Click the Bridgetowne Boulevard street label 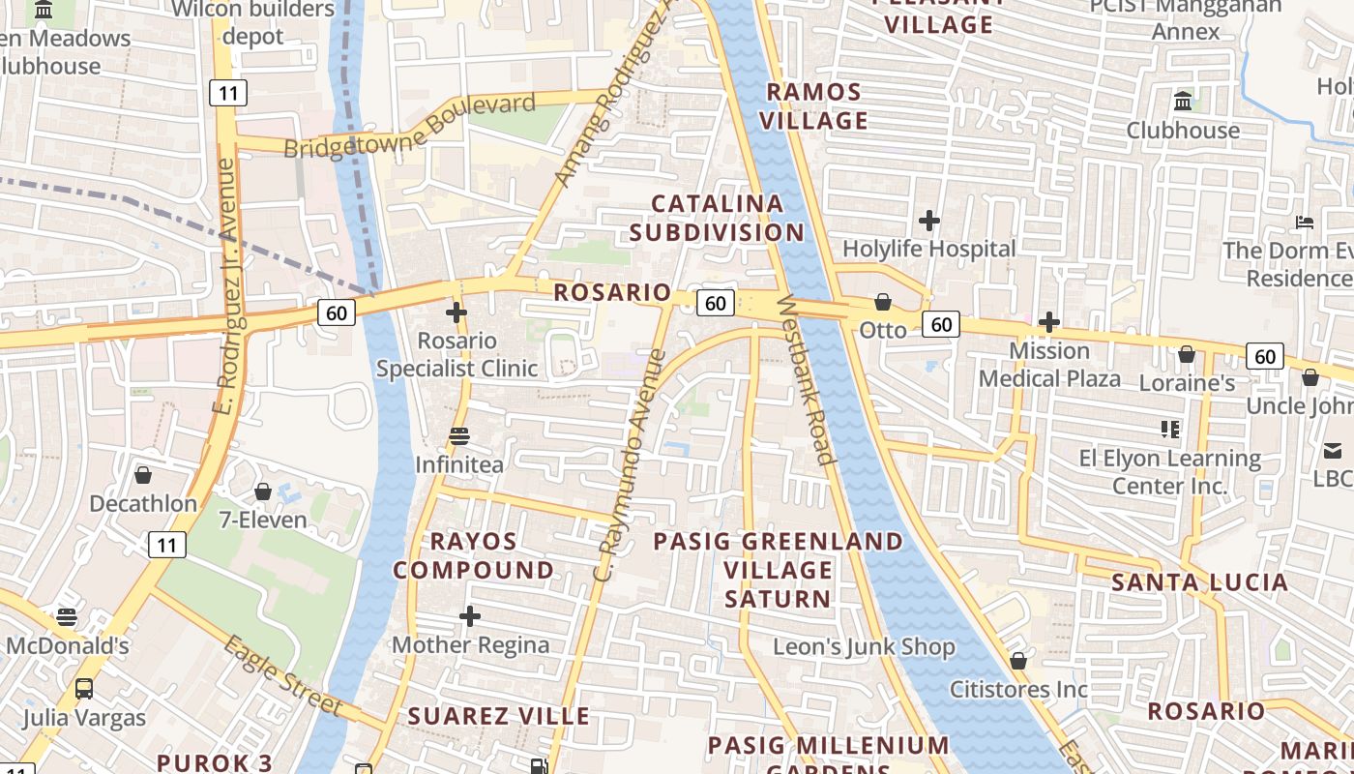click(x=410, y=126)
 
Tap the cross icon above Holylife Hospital click(x=929, y=221)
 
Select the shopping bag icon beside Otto click(x=882, y=302)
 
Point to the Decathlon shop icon click(x=143, y=475)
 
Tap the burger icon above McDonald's click(x=67, y=616)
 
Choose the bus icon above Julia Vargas click(x=84, y=689)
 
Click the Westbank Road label click(x=805, y=379)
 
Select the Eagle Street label click(x=281, y=675)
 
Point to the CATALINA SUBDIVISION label click(x=717, y=218)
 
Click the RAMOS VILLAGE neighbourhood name click(x=814, y=106)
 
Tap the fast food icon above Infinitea click(x=459, y=436)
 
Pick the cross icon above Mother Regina click(x=470, y=616)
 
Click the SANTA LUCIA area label click(x=1199, y=582)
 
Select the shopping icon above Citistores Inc click(x=1018, y=661)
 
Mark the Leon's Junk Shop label click(x=864, y=646)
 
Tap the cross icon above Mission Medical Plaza click(x=1049, y=321)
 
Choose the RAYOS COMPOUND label click(x=473, y=555)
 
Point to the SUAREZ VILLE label click(x=498, y=716)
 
